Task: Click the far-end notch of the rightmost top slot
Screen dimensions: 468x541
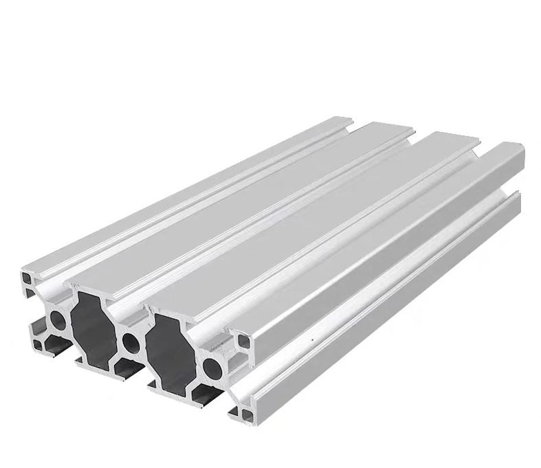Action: [480, 145]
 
